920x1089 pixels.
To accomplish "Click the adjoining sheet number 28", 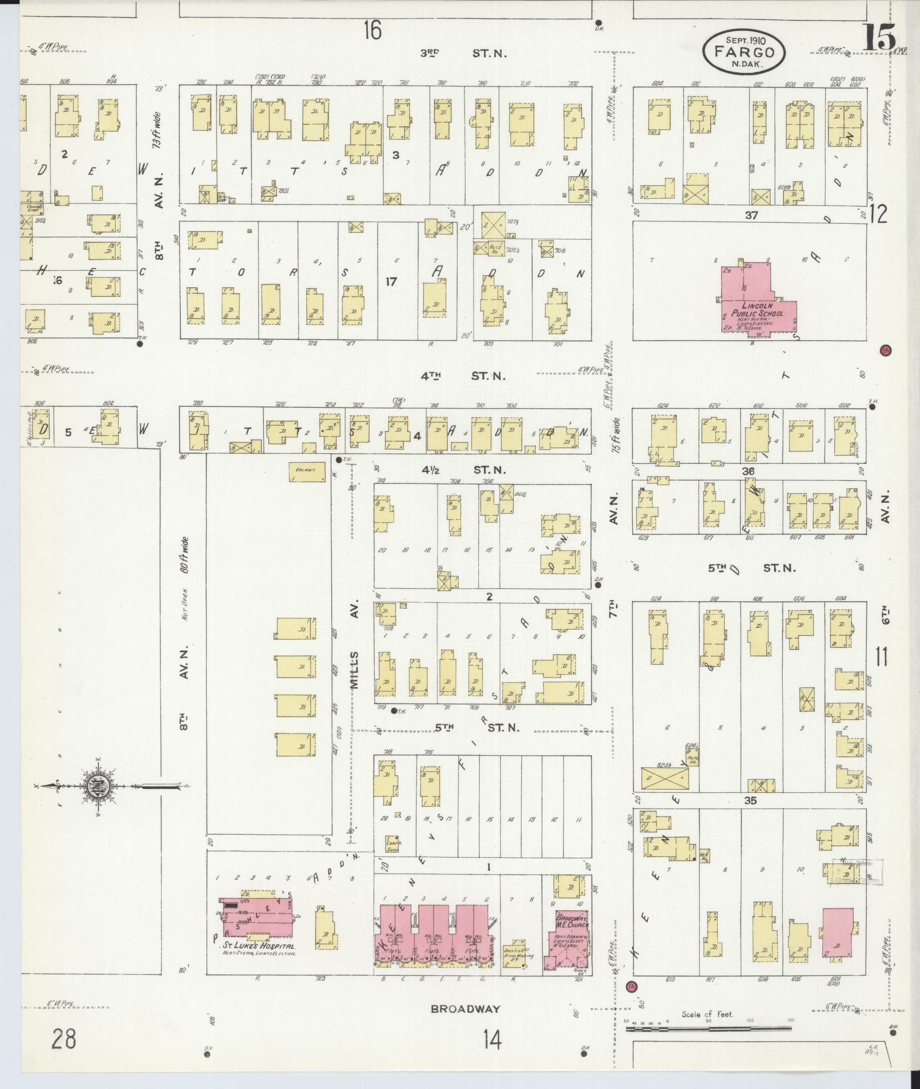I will [63, 1039].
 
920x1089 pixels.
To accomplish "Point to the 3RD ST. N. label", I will [463, 54].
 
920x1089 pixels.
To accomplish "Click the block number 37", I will [750, 215].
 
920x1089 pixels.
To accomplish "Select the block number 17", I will [390, 281].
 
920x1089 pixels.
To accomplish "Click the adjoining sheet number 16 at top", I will [372, 30].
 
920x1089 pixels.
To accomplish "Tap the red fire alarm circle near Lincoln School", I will [886, 350].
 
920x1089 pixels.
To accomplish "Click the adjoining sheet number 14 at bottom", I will [492, 1039].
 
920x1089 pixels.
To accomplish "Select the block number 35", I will [750, 801].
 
